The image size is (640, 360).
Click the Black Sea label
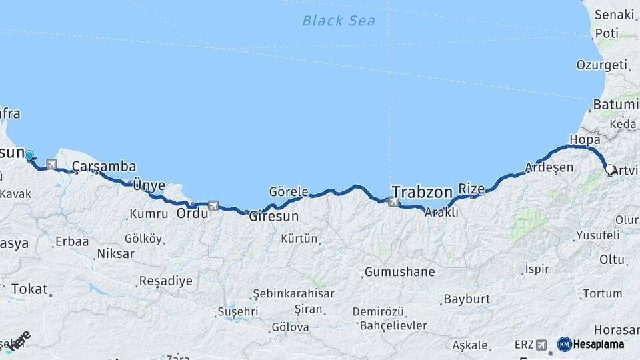[338, 21]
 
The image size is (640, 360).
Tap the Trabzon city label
[422, 192]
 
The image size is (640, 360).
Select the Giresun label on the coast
[273, 217]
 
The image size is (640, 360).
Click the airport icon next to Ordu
[213, 206]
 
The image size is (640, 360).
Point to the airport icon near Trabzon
[395, 201]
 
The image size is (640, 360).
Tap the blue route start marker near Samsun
[29, 155]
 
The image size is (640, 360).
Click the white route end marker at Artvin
[610, 169]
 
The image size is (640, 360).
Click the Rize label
[471, 189]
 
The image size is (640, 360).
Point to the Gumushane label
[399, 272]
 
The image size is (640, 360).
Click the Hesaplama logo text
[600, 345]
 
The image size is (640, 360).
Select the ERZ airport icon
[541, 345]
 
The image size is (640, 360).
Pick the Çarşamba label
[104, 166]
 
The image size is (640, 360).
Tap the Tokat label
[29, 289]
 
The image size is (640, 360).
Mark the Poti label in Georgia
[607, 33]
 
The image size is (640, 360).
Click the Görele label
[288, 192]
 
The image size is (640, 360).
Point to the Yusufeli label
[598, 235]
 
